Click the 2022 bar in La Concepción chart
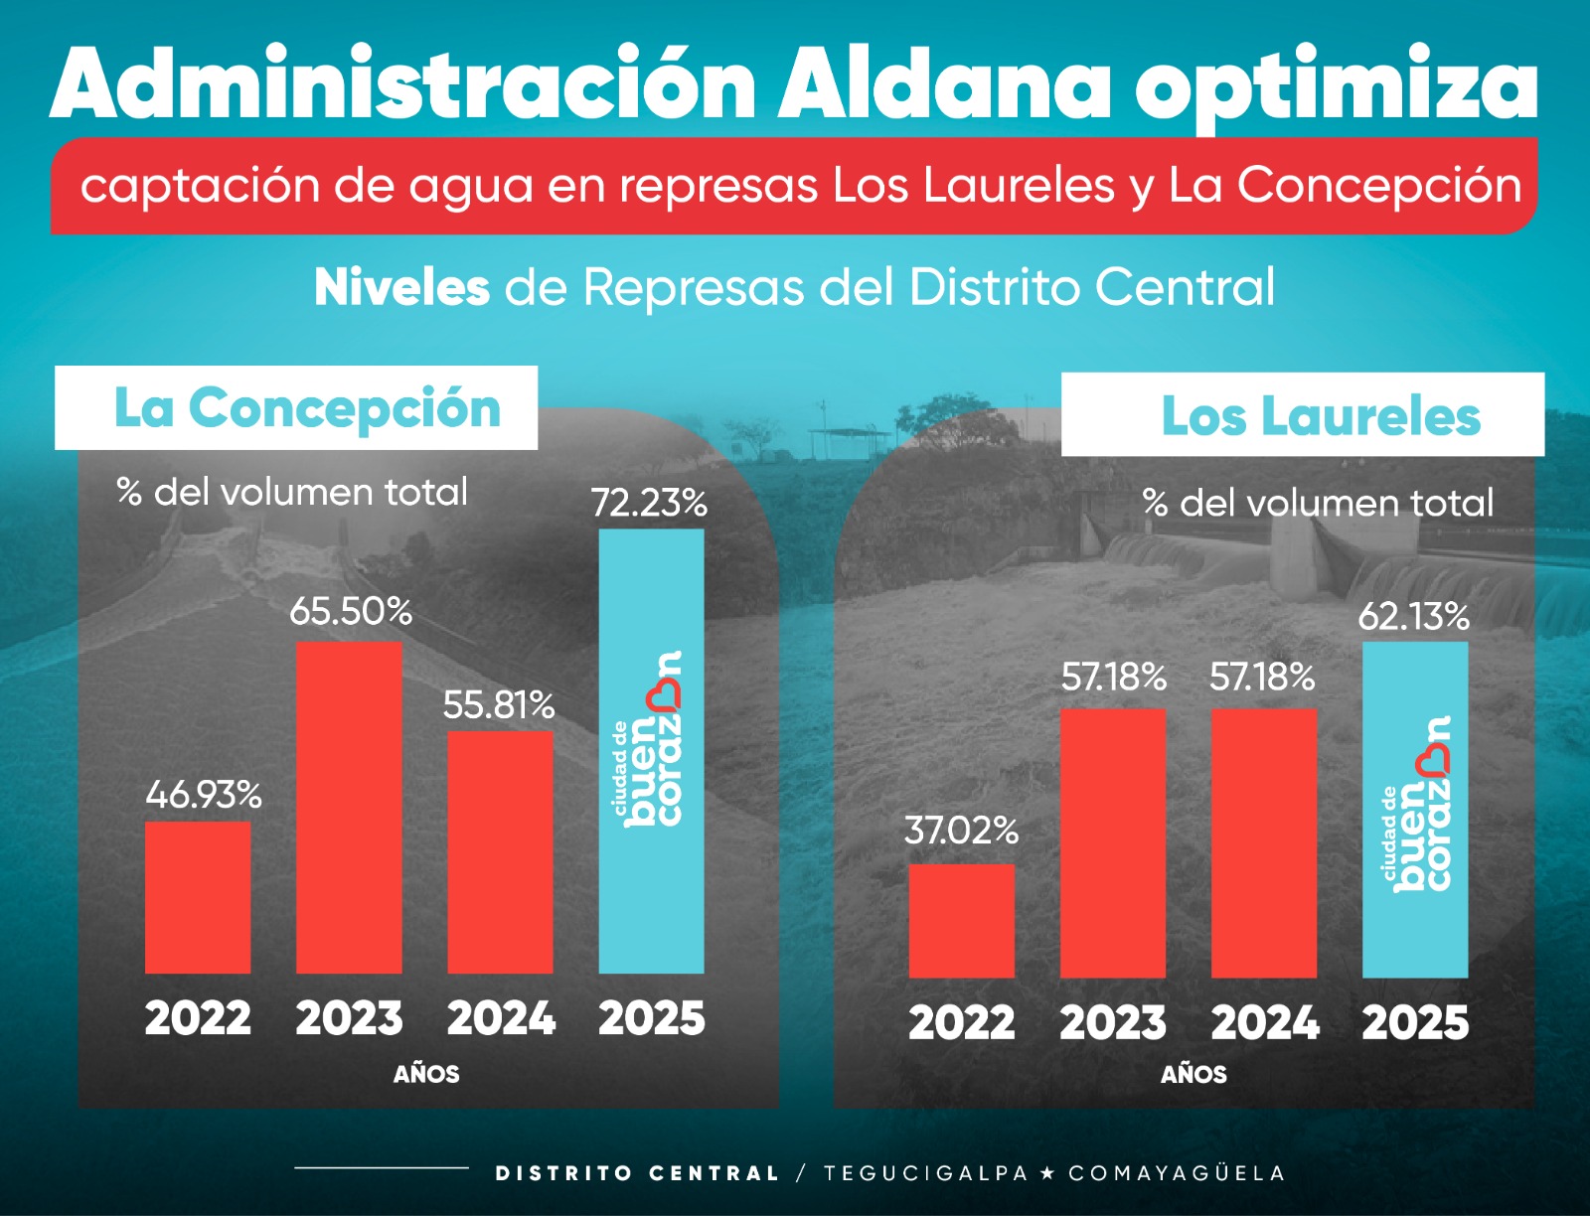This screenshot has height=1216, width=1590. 198,897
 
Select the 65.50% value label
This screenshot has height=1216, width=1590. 351,611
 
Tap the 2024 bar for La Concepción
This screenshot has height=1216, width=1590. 500,851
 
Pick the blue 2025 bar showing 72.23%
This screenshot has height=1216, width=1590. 651,750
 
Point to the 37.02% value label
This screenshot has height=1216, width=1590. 961,831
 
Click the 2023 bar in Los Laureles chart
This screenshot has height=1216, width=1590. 1113,842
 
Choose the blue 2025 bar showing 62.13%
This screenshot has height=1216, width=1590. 1415,809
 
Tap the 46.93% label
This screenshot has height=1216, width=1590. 204,795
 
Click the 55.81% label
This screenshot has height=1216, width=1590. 498,705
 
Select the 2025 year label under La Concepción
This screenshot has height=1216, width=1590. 651,1018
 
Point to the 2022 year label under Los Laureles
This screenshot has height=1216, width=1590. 961,1023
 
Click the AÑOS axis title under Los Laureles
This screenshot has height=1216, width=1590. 1193,1074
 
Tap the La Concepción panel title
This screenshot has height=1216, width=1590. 307,408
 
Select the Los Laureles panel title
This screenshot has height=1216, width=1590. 1321,415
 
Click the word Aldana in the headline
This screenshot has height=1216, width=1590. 943,84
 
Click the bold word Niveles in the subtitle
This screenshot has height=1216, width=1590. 401,287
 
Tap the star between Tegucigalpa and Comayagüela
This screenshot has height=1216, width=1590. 1046,1173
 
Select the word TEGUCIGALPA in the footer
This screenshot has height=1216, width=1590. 925,1173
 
